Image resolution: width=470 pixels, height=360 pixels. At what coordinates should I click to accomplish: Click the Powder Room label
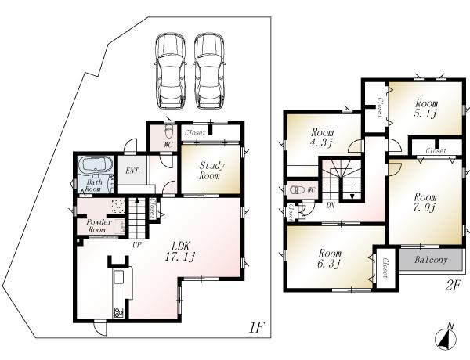coord(96,225)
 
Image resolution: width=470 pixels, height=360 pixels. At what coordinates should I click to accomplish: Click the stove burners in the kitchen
coord(120,313)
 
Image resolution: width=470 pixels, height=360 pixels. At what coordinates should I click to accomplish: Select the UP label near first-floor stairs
coord(136,245)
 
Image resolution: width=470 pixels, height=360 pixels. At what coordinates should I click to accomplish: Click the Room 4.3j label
coord(321,137)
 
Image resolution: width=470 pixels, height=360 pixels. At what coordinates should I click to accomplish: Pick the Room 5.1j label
coord(426,108)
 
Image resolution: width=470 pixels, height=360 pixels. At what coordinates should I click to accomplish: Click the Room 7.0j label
coord(425,202)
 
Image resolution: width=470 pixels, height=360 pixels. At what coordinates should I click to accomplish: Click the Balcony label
coord(430,260)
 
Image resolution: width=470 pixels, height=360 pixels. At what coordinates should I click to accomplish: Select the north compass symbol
coord(444,337)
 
